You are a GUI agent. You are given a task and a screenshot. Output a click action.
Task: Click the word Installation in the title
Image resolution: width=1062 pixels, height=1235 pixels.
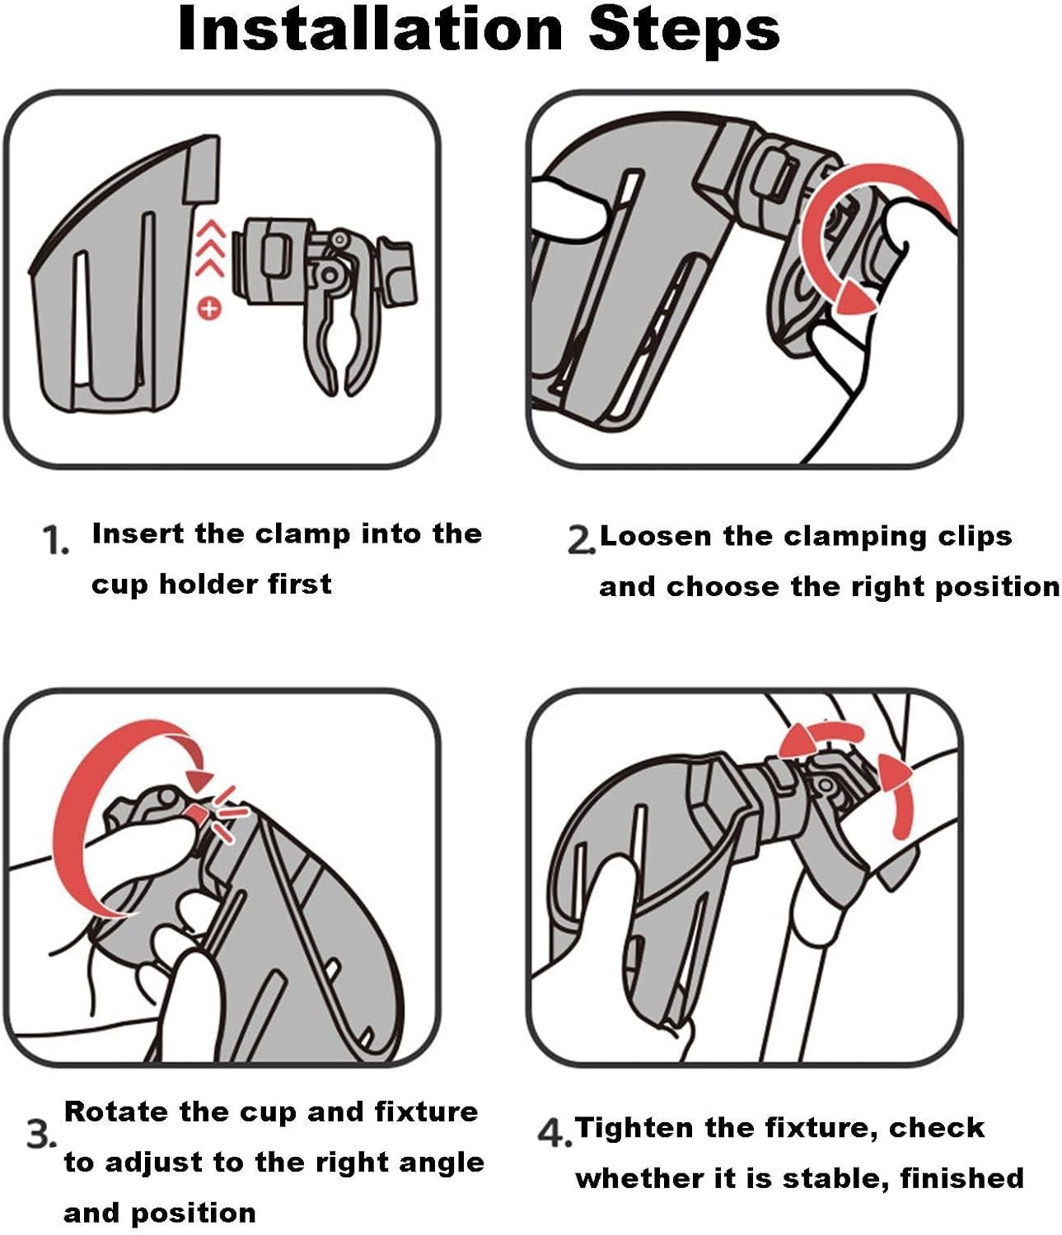(x=371, y=29)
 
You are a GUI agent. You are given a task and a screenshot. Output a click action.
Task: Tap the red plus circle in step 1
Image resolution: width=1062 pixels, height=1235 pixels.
(x=209, y=308)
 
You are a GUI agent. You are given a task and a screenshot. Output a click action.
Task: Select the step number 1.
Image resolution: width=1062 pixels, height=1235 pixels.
(x=55, y=540)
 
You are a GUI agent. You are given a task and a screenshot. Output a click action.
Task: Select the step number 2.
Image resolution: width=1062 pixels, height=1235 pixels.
(x=580, y=539)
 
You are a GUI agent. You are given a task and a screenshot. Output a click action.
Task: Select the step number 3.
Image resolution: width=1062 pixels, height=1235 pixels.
(x=40, y=1135)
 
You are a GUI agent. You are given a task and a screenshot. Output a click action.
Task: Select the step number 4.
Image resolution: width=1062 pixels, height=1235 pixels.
(x=554, y=1134)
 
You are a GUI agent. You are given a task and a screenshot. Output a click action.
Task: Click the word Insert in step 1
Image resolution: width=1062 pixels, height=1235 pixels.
(x=138, y=533)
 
